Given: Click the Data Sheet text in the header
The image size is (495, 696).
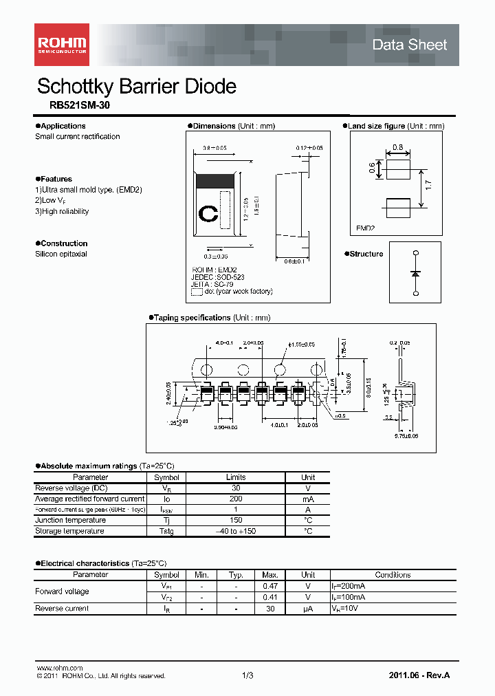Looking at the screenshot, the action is (x=409, y=45).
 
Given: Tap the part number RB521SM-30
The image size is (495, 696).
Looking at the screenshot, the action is (x=79, y=106).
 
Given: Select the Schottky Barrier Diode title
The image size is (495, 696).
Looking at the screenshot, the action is (x=136, y=87).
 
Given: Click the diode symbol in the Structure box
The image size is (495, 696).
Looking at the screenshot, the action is (x=415, y=273).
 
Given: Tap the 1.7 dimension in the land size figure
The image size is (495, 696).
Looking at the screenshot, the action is (x=428, y=185).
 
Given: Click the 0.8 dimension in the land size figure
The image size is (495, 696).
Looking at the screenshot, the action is (x=397, y=147).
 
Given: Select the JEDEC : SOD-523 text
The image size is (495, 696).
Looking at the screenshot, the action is (x=217, y=276).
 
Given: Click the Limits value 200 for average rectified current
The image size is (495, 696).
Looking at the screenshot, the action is (x=235, y=499).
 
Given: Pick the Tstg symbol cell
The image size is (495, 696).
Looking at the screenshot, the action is (x=166, y=531).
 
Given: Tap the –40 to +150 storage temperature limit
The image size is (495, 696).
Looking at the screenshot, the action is (x=235, y=531).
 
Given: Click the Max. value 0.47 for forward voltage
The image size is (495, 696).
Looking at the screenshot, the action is (x=270, y=586).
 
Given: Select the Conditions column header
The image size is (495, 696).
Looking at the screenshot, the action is (x=393, y=575).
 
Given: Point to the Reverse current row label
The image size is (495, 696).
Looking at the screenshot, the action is (x=62, y=608).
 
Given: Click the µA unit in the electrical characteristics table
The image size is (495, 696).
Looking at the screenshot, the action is (x=307, y=608).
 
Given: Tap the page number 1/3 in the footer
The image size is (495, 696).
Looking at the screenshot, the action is (x=247, y=676).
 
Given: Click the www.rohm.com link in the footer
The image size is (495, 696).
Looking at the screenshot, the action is (x=59, y=668).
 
